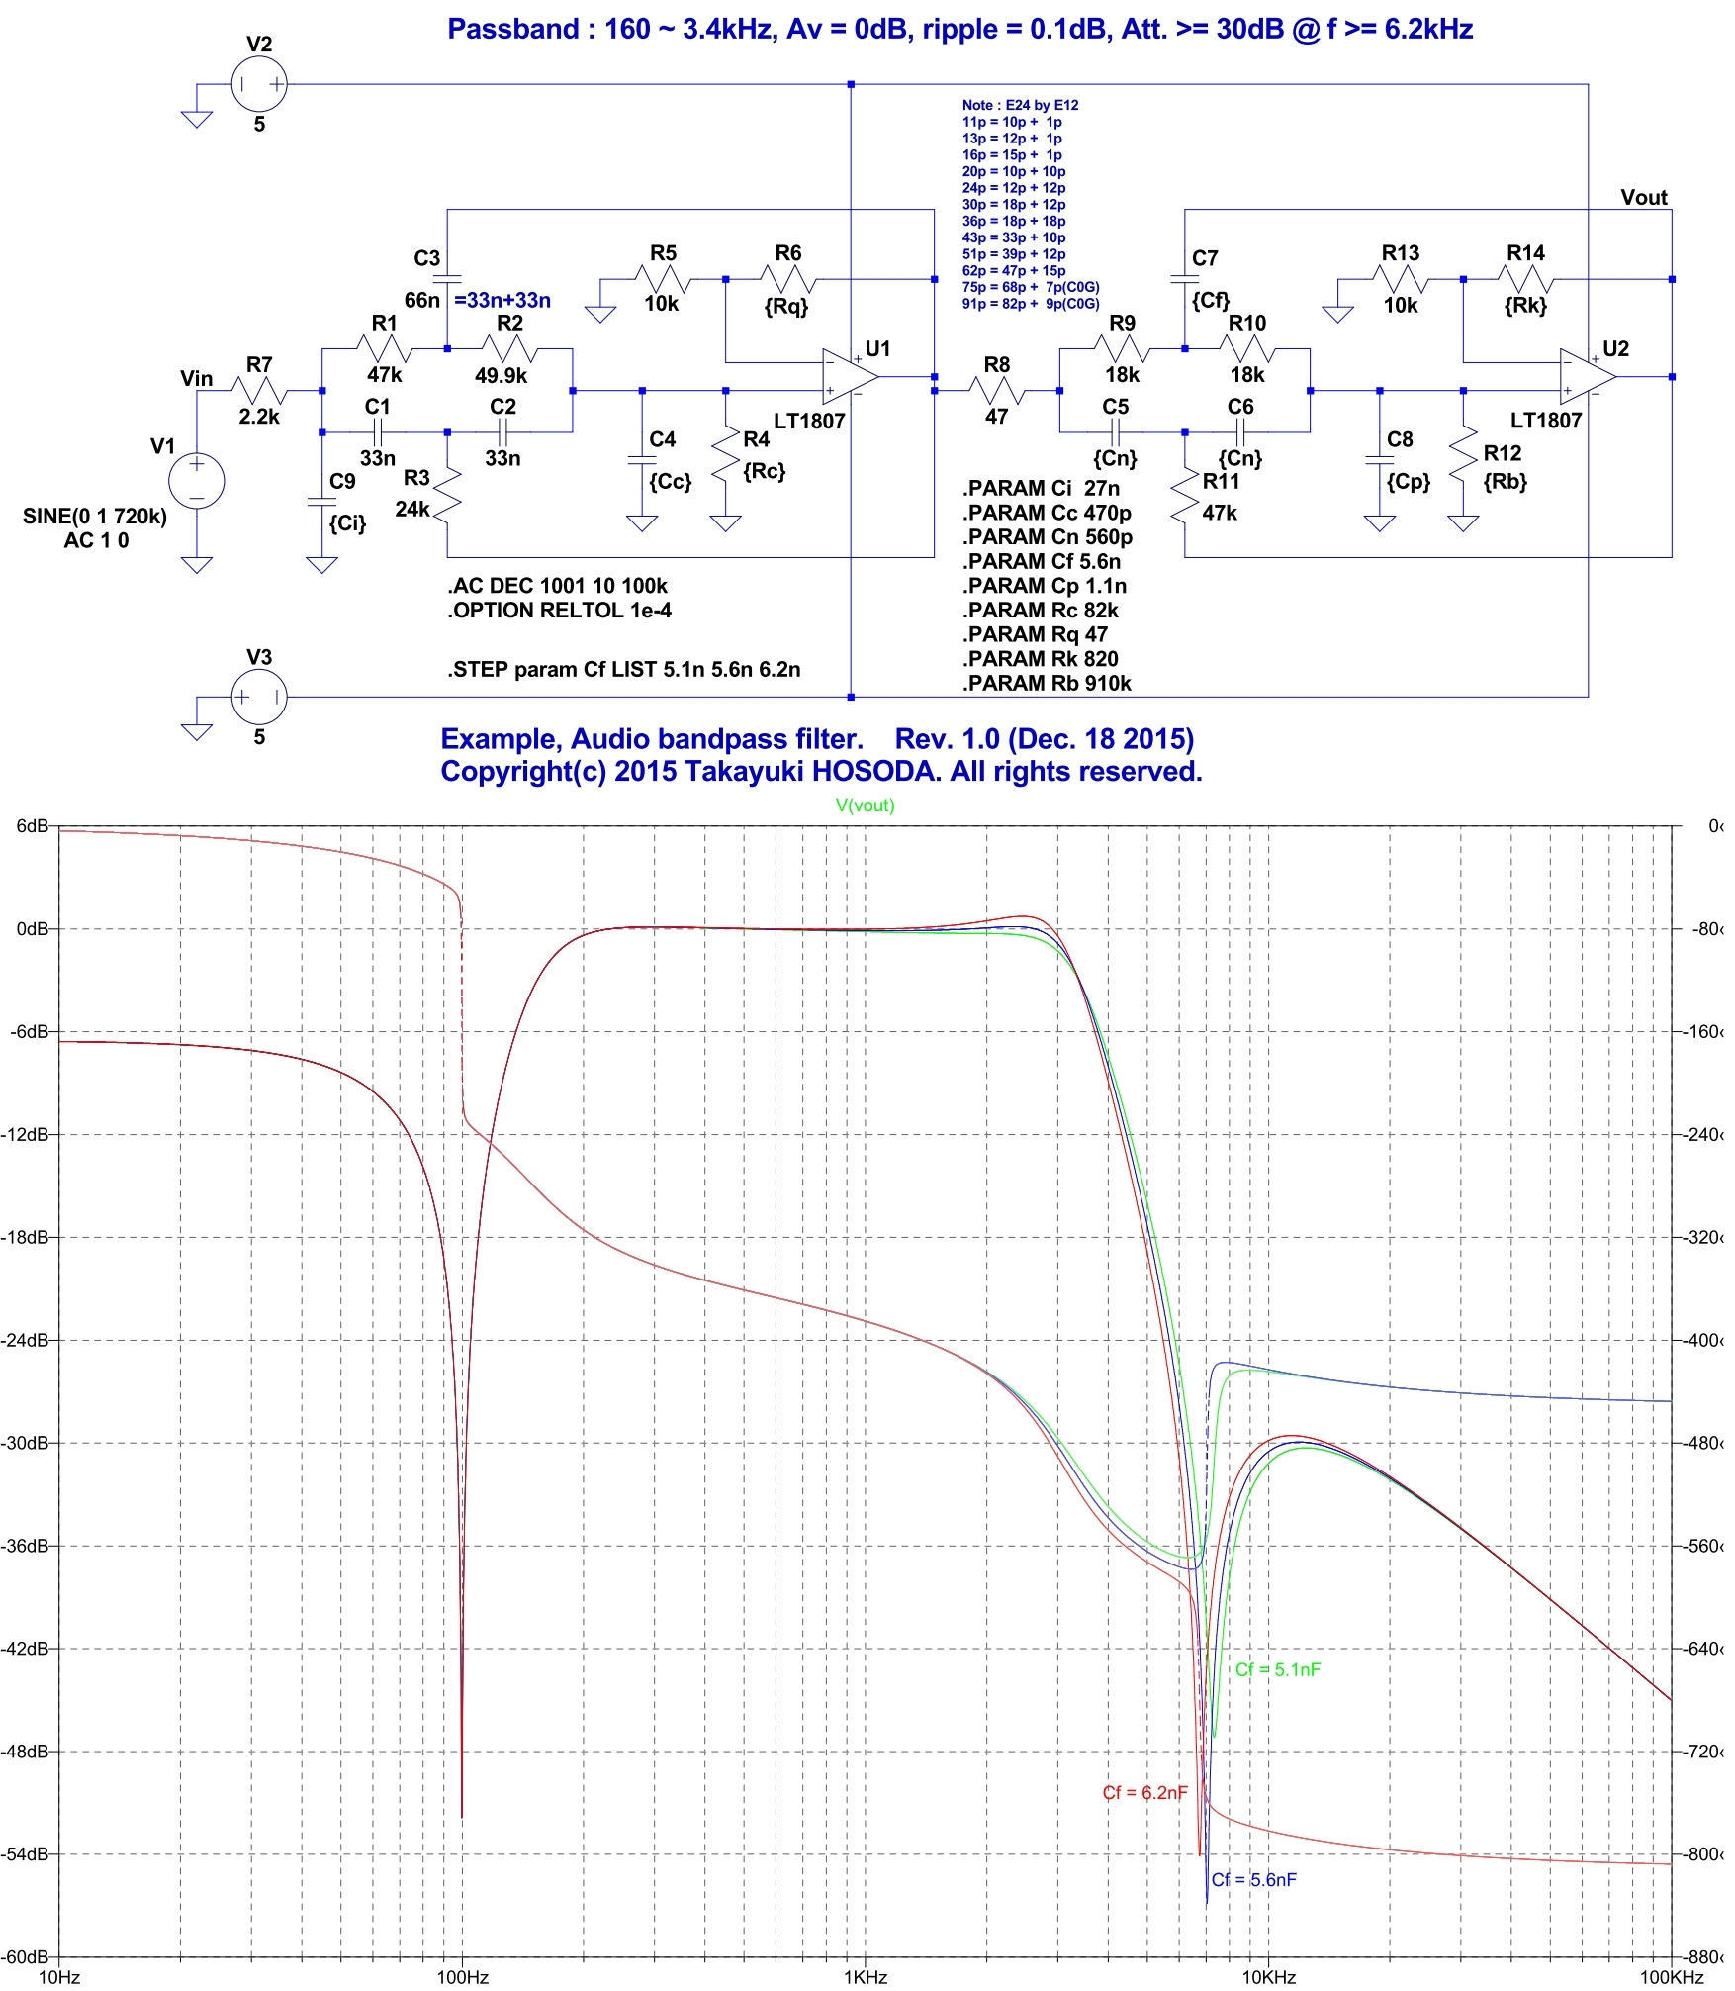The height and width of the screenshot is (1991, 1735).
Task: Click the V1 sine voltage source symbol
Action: click(197, 481)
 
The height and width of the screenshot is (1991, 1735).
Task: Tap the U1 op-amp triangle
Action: click(849, 377)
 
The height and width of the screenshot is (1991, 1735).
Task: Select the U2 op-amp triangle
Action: click(1586, 377)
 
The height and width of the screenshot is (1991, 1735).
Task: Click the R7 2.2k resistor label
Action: click(259, 365)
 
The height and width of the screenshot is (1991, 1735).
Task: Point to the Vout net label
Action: click(1643, 198)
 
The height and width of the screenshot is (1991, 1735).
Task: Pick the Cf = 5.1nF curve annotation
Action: click(1277, 1670)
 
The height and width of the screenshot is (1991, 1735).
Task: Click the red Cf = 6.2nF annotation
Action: click(1144, 1793)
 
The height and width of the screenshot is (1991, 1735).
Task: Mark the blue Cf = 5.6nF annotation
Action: click(1253, 1880)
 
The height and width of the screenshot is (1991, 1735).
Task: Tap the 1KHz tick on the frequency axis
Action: click(866, 1978)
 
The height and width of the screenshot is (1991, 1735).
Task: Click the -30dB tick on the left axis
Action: click(26, 1443)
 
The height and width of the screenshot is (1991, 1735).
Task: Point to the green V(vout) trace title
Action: click(866, 806)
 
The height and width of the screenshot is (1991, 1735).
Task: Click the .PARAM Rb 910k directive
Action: click(1047, 684)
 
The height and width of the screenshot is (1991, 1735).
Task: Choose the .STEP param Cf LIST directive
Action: click(623, 670)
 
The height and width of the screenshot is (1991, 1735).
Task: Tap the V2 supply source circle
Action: click(259, 84)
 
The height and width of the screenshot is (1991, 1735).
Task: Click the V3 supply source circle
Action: click(259, 698)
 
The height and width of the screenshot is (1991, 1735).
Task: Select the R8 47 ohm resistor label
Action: click(997, 365)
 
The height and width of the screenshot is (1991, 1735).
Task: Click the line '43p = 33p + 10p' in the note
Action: click(1014, 237)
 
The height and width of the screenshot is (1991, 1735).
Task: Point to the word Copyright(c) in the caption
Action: click(523, 772)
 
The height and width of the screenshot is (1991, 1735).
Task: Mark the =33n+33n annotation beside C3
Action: click(502, 300)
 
